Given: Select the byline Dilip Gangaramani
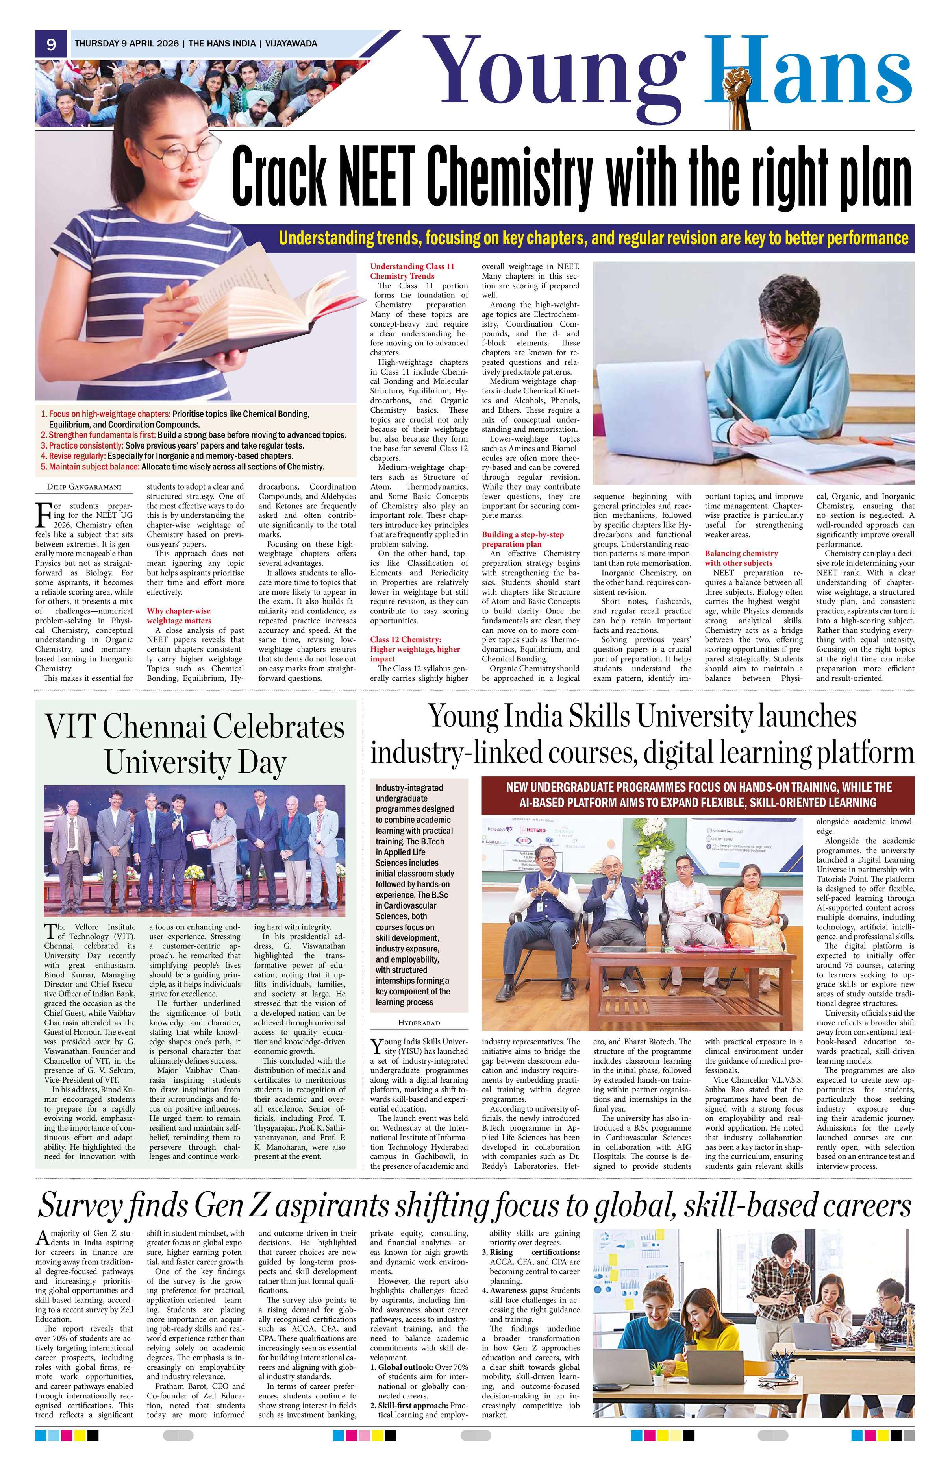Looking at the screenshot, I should [x=84, y=488].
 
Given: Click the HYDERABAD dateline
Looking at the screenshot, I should [x=419, y=1022].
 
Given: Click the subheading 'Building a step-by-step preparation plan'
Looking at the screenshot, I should [x=523, y=539].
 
